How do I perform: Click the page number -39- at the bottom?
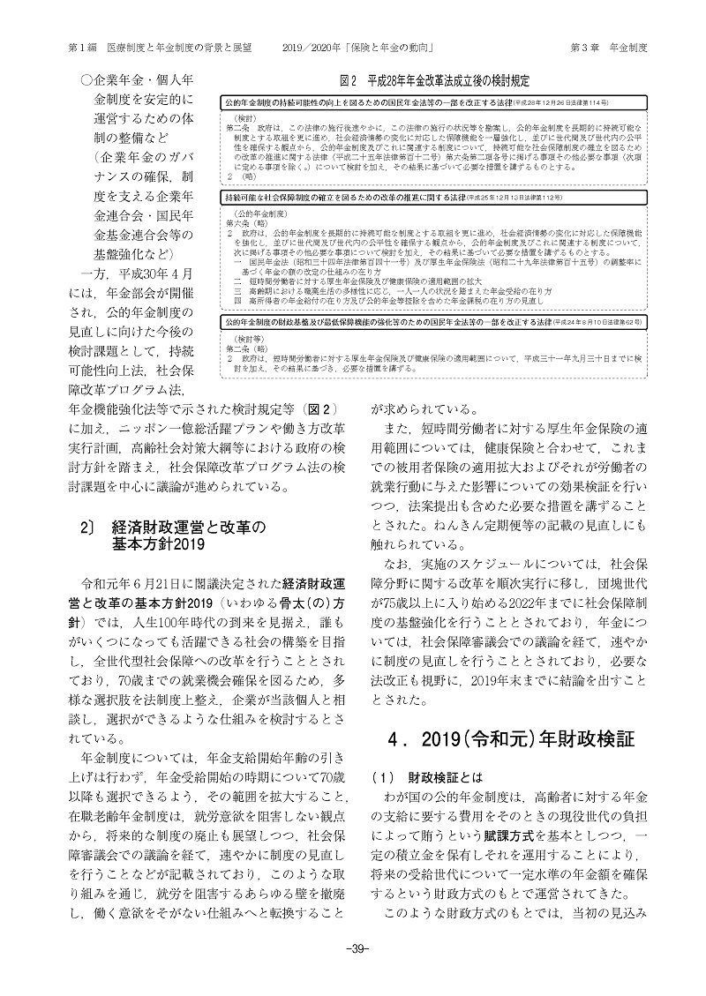352,972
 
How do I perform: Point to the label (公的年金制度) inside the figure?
256,214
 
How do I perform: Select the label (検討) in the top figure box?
244,118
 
